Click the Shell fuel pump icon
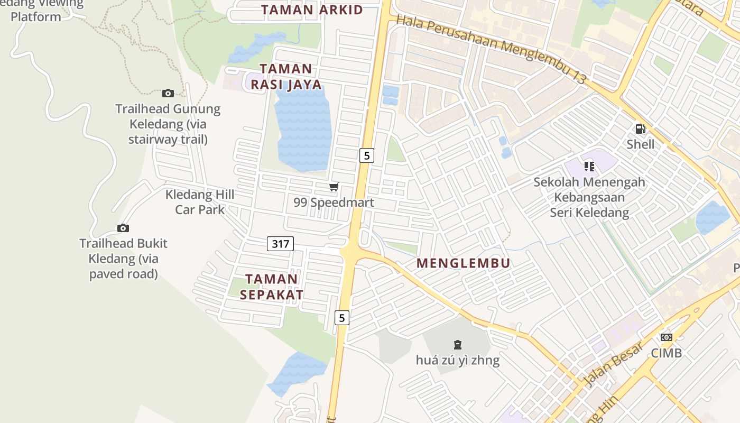[x=640, y=128]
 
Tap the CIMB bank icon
[x=667, y=337]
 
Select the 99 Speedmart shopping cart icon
[x=334, y=187]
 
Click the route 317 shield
[x=280, y=244]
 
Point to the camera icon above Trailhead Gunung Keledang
[x=168, y=94]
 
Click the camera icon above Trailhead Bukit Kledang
[x=123, y=228]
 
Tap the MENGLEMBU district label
[x=463, y=263]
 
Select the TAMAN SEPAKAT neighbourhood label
[x=272, y=287]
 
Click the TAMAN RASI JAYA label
[x=286, y=77]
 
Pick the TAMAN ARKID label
[x=312, y=10]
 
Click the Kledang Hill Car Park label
[x=200, y=202]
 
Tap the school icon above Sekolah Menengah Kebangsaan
[x=589, y=167]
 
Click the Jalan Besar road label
[x=614, y=364]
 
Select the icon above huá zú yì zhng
[x=458, y=345]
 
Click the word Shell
[x=641, y=144]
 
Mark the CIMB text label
[x=667, y=353]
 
